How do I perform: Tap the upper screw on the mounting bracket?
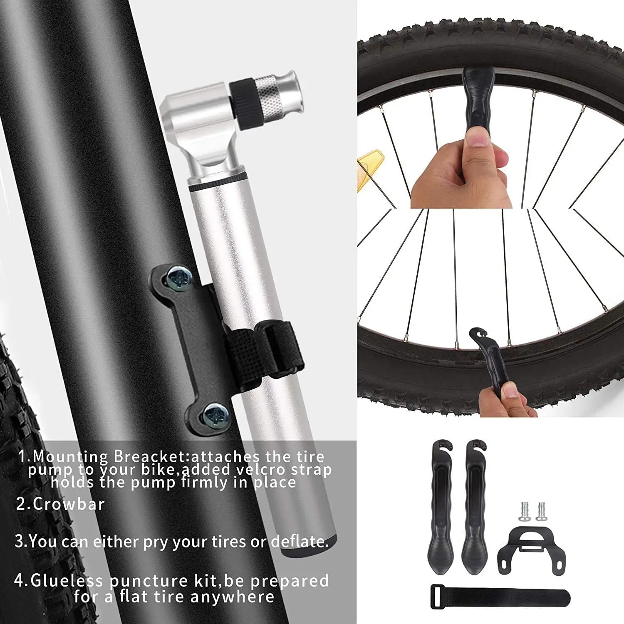[x=179, y=277]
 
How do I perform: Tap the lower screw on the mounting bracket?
[x=215, y=415]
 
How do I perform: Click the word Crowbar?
[x=69, y=504]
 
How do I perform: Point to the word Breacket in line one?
[x=152, y=456]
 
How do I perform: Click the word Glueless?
[x=67, y=580]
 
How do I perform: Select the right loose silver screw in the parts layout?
[x=541, y=511]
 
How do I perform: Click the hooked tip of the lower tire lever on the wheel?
[x=479, y=333]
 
